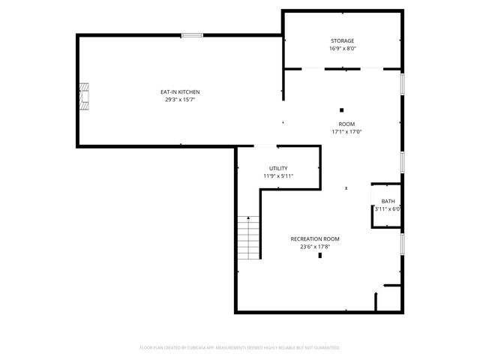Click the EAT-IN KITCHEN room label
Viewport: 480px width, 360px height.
pyautogui.click(x=180, y=91)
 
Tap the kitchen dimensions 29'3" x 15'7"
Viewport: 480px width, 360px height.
pyautogui.click(x=180, y=99)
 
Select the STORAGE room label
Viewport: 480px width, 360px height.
pyautogui.click(x=343, y=40)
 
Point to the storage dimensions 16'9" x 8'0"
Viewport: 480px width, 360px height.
pyautogui.click(x=343, y=48)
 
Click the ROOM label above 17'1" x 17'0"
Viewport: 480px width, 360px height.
pyautogui.click(x=346, y=124)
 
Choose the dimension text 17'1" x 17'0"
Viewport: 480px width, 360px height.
pyautogui.click(x=346, y=131)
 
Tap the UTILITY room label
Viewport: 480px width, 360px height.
pyautogui.click(x=278, y=168)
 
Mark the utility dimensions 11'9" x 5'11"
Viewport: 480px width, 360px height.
pyautogui.click(x=278, y=175)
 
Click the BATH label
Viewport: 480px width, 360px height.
pyautogui.click(x=388, y=201)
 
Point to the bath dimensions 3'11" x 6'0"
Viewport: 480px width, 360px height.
pyautogui.click(x=388, y=208)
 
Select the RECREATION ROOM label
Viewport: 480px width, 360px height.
pyautogui.click(x=315, y=238)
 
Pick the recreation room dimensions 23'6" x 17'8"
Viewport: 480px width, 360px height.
pyautogui.click(x=315, y=246)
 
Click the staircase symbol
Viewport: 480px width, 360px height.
pyautogui.click(x=248, y=237)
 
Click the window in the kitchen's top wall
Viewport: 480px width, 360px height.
pyautogui.click(x=191, y=34)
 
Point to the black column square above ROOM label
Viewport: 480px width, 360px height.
pyautogui.click(x=341, y=109)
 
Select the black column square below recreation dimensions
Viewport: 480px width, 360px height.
pyautogui.click(x=320, y=256)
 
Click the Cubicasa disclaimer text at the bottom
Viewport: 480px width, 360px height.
pyautogui.click(x=240, y=348)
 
